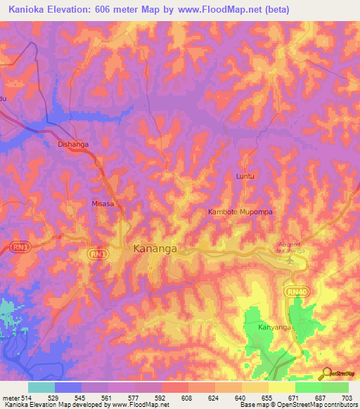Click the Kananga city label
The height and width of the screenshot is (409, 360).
[x=155, y=249]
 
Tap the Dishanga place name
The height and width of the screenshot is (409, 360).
[x=72, y=145]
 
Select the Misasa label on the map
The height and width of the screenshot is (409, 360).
[x=103, y=203]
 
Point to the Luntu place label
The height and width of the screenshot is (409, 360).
[x=245, y=176]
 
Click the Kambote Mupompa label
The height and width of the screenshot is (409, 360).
[x=240, y=212]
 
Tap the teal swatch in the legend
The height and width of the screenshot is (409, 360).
[x=41, y=387]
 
